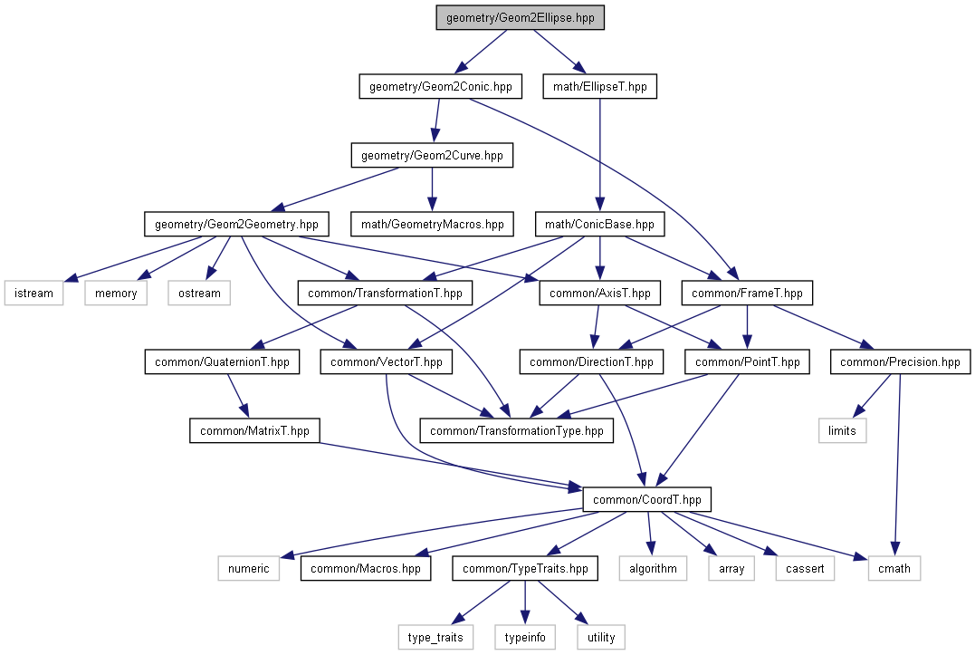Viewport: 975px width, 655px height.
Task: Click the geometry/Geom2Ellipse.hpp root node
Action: click(x=519, y=18)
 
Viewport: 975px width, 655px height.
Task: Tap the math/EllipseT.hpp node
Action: click(x=599, y=87)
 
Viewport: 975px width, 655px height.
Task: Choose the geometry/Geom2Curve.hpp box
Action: click(x=432, y=156)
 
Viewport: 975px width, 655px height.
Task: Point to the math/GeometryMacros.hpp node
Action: click(x=433, y=223)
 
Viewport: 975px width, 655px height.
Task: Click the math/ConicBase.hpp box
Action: click(x=599, y=223)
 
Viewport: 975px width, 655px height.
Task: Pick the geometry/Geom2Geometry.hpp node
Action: click(x=235, y=223)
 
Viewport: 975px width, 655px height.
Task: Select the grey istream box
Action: click(x=33, y=293)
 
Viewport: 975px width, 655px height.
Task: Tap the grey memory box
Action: click(x=116, y=293)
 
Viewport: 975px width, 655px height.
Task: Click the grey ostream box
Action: click(x=199, y=293)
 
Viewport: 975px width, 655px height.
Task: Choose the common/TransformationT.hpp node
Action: click(x=385, y=293)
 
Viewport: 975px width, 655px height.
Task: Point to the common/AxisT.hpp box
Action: click(x=599, y=293)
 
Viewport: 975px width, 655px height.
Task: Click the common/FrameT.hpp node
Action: click(x=747, y=293)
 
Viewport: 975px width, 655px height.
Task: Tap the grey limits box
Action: click(x=842, y=430)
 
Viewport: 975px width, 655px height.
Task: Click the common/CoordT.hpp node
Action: click(x=647, y=499)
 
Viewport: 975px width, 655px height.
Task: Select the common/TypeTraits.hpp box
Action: click(x=525, y=568)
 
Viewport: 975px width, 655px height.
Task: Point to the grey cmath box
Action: click(x=897, y=568)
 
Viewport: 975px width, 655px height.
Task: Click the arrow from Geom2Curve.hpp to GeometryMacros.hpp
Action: click(x=432, y=189)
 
